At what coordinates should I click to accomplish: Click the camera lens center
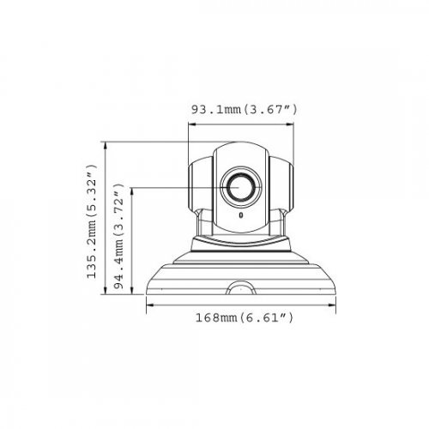click(x=240, y=187)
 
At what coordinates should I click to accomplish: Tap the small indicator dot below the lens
click(x=241, y=216)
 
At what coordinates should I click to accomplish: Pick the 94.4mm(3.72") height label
click(x=119, y=239)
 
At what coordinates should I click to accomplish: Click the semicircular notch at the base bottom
click(x=241, y=287)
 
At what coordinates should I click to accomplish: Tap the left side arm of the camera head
click(x=196, y=182)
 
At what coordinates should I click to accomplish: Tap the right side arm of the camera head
click(x=286, y=182)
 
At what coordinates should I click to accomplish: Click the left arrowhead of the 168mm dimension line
click(x=148, y=305)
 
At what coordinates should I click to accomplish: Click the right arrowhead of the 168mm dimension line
click(x=335, y=305)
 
